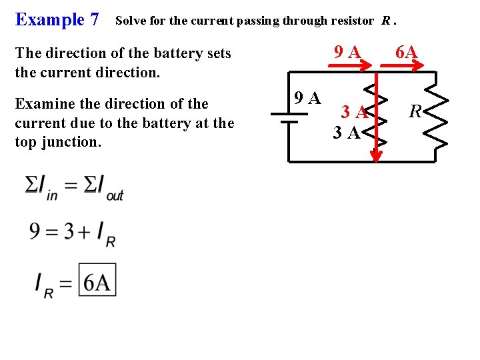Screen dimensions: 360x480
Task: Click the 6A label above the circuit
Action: tap(406, 51)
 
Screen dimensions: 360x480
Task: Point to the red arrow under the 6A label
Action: tap(401, 65)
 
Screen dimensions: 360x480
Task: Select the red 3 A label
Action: tap(355, 112)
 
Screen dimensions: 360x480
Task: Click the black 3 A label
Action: tap(347, 133)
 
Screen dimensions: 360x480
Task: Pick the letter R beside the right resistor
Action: tap(415, 111)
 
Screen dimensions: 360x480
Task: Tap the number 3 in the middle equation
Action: tap(69, 231)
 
